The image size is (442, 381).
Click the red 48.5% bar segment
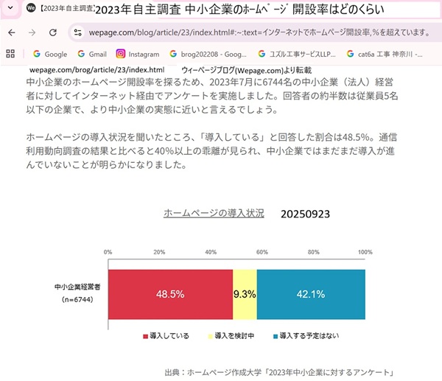tap(169, 293)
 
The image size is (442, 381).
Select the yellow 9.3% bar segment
tap(244, 293)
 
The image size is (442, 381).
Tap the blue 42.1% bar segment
tap(310, 293)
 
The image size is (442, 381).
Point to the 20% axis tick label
tap(158, 252)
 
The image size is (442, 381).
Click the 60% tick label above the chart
tap(262, 252)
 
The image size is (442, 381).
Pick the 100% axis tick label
tap(365, 252)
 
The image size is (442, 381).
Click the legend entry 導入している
tap(166, 336)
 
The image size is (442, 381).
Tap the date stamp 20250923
tap(305, 214)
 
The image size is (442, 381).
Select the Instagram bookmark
tap(138, 54)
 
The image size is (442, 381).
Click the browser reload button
tap(52, 33)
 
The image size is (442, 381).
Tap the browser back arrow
tap(11, 33)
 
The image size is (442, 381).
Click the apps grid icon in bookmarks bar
tap(10, 54)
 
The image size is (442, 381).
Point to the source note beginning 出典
tap(281, 371)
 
